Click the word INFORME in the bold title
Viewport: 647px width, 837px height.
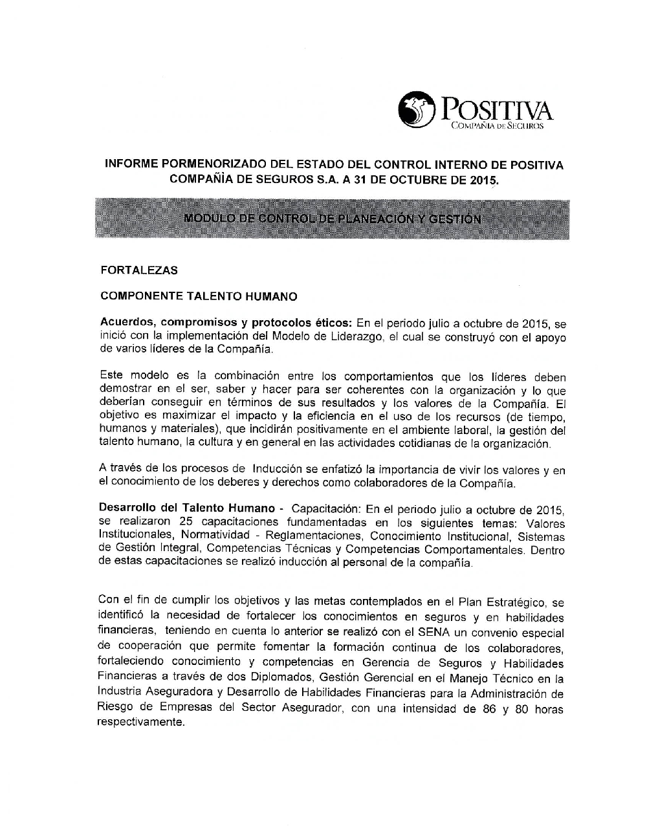pyautogui.click(x=129, y=165)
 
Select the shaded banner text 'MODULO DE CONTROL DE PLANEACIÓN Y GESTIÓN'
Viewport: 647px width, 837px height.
pyautogui.click(x=332, y=219)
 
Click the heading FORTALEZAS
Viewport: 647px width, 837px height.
pyautogui.click(x=138, y=270)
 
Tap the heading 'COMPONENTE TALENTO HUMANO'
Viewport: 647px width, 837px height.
pyautogui.click(x=199, y=297)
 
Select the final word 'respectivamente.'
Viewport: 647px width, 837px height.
pyautogui.click(x=140, y=723)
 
